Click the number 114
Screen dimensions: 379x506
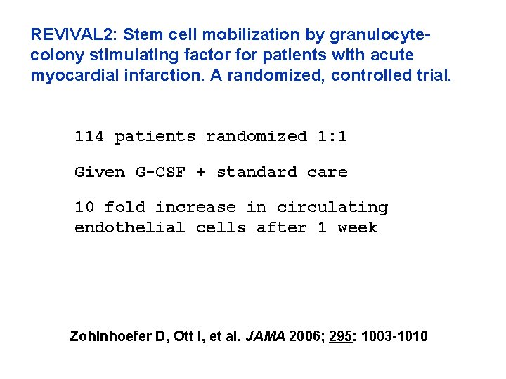tap(89, 136)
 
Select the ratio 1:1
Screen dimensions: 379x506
tap(332, 136)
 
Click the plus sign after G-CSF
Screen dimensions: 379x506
tap(201, 173)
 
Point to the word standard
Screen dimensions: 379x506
tap(257, 172)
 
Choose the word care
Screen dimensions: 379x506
tap(327, 172)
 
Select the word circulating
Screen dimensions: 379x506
tap(332, 208)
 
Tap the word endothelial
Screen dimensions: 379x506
tap(130, 227)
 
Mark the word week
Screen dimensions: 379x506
tap(358, 227)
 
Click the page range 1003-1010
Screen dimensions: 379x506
tap(397, 337)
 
